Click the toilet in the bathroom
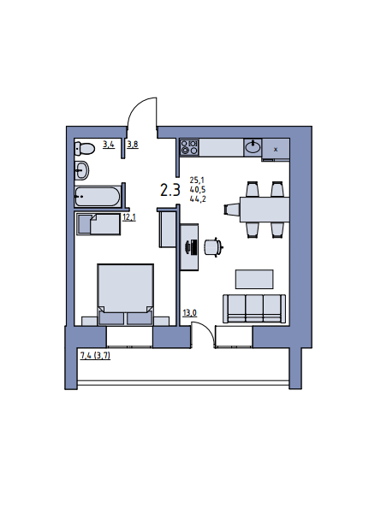[x=85, y=149]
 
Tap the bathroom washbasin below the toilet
[x=82, y=169]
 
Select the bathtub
[x=98, y=197]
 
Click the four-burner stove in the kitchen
[x=189, y=147]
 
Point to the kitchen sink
[x=253, y=147]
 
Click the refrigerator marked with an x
[x=276, y=150]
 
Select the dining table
[x=265, y=210]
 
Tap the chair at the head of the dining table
[x=232, y=209]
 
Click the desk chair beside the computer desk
[x=213, y=248]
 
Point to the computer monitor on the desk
[x=192, y=248]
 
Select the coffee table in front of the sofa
[x=254, y=279]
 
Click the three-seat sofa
[x=254, y=309]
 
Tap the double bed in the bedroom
[x=125, y=294]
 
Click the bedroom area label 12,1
[x=129, y=217]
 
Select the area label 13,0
[x=190, y=313]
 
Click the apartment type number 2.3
[x=170, y=190]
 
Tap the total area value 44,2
[x=198, y=199]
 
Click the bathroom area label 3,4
[x=109, y=145]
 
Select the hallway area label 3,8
[x=133, y=145]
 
